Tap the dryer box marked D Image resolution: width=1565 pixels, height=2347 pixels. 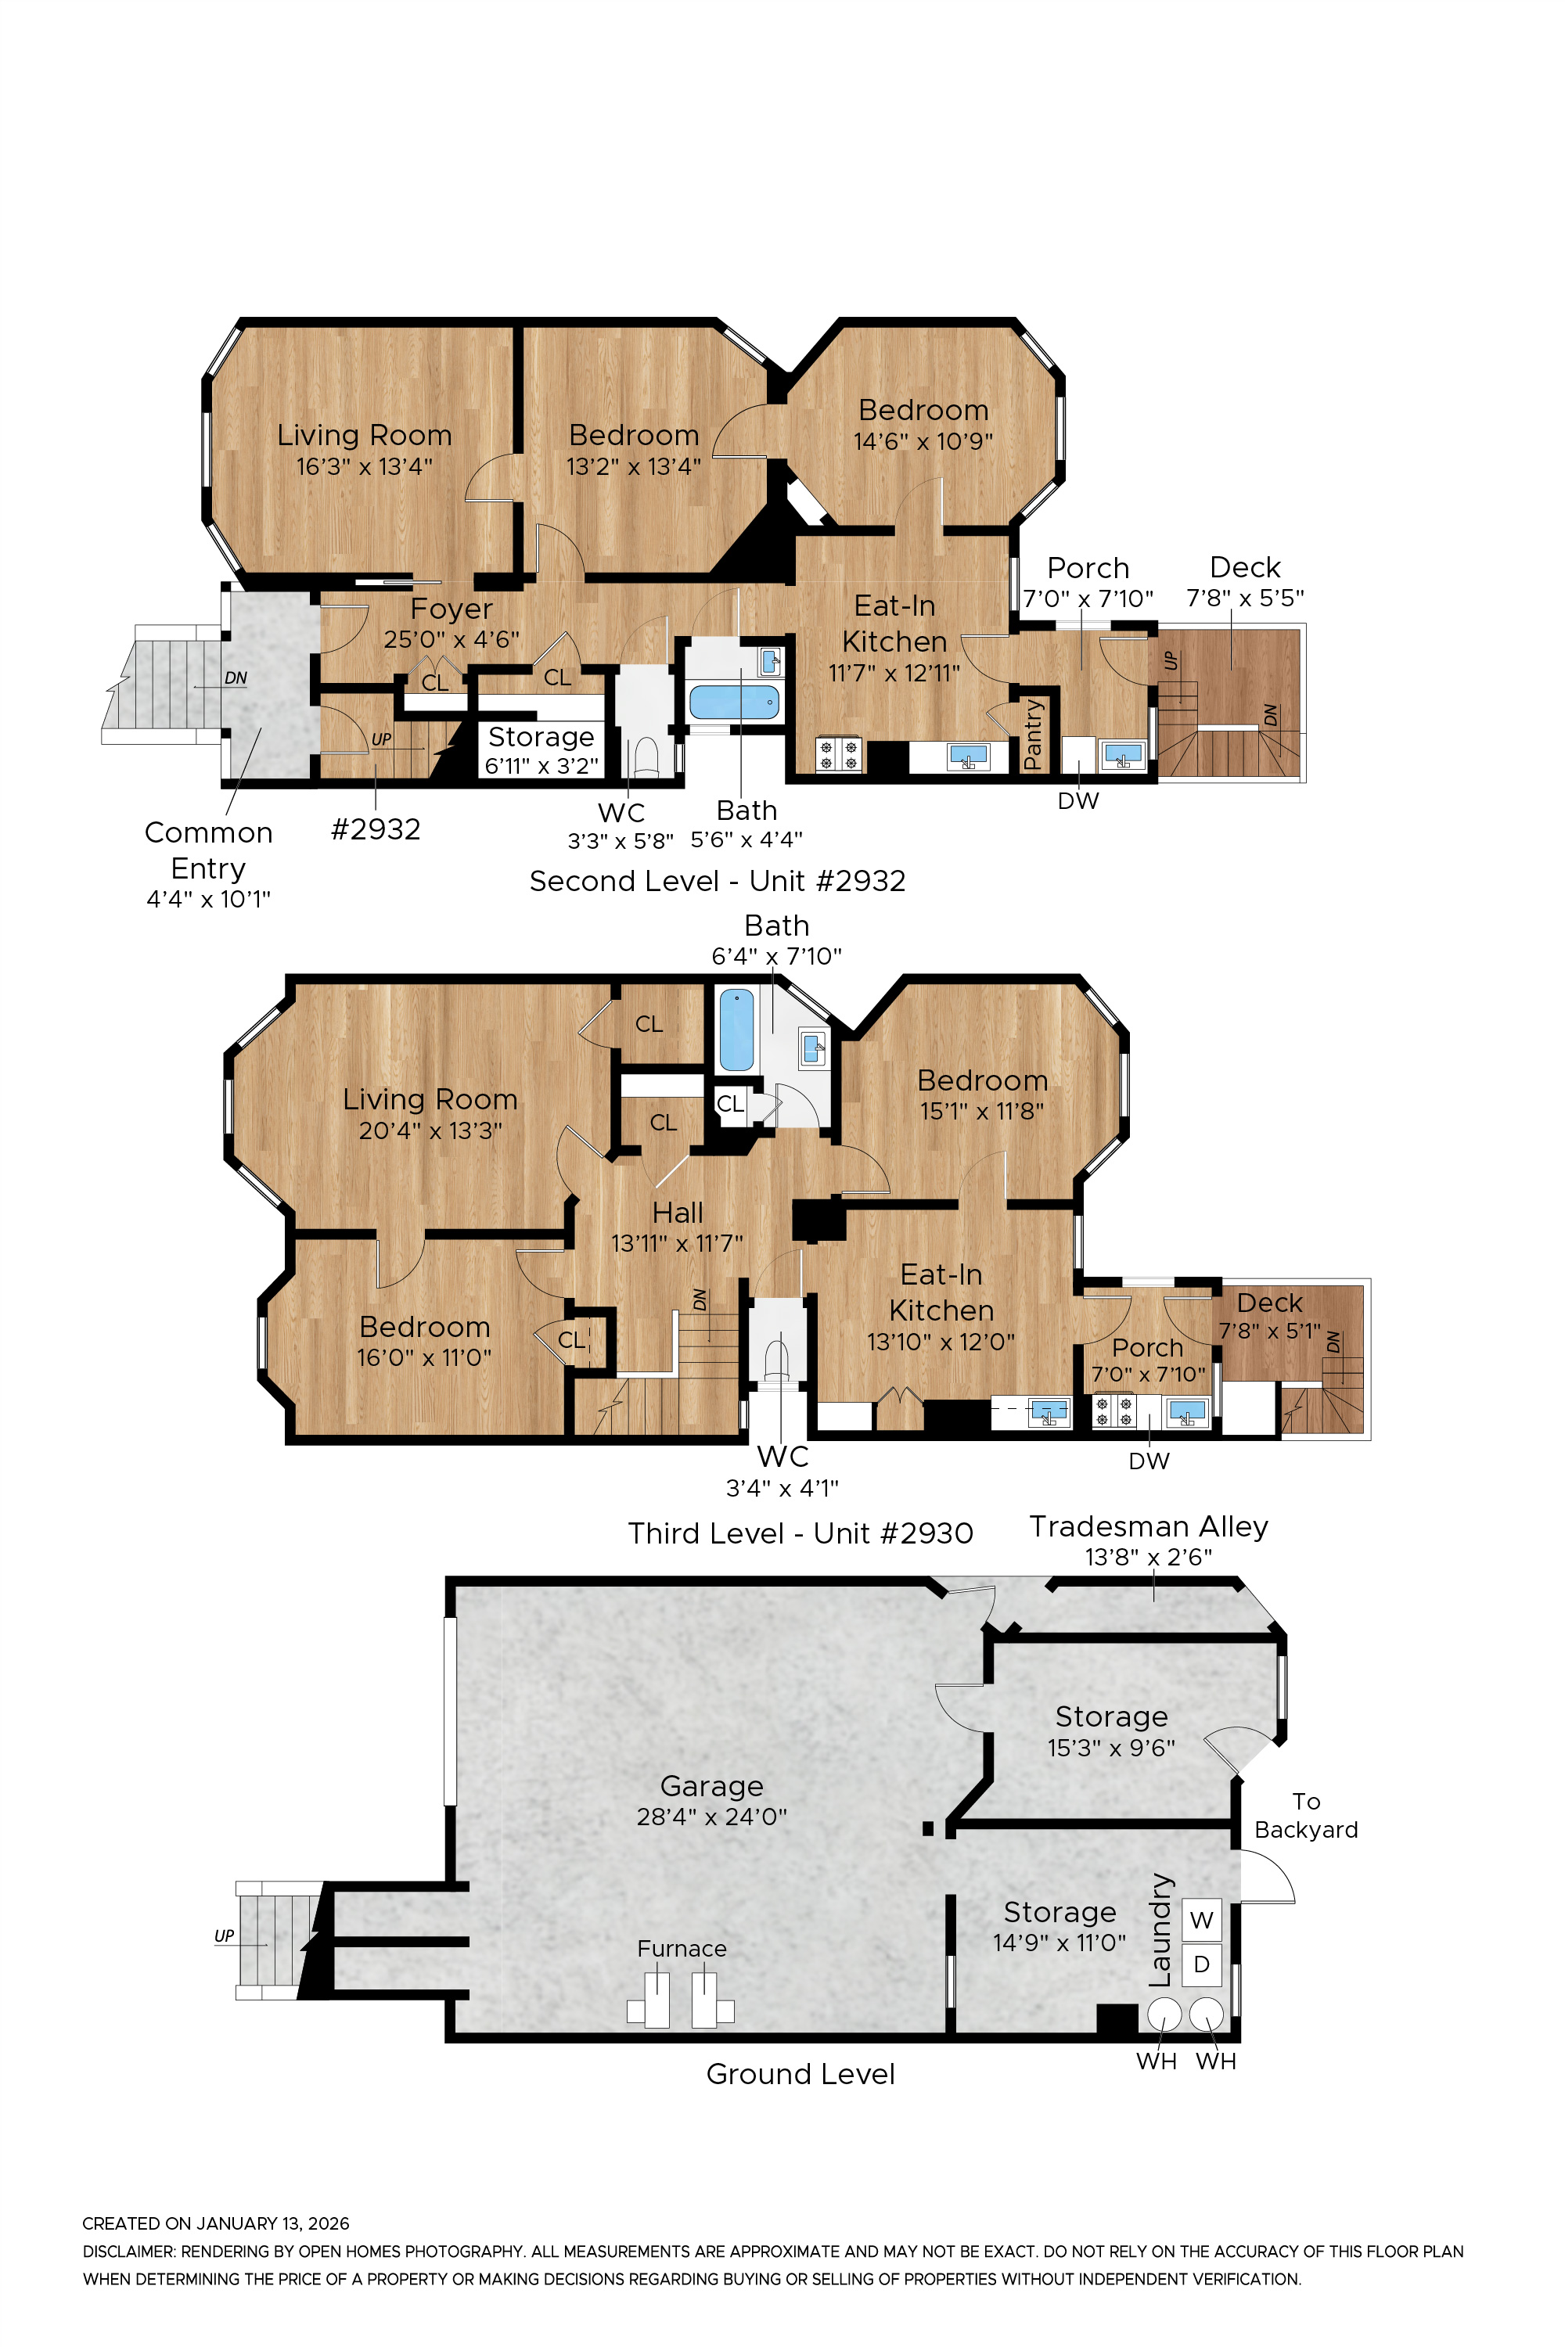click(1202, 1964)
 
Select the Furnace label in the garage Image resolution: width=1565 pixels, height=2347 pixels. click(682, 1948)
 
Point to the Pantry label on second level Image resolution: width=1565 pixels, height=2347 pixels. click(1034, 735)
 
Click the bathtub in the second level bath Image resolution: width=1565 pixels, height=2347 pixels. click(735, 702)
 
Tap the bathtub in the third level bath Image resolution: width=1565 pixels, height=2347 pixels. click(736, 1029)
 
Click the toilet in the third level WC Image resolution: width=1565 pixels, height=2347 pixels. click(776, 1358)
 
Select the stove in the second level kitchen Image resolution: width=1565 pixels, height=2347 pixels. click(838, 753)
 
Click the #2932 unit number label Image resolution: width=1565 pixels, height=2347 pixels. click(376, 829)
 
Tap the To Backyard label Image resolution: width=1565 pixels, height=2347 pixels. click(1305, 1815)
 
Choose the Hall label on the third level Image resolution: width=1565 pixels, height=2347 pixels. click(678, 1213)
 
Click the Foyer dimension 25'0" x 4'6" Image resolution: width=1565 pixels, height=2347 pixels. click(452, 640)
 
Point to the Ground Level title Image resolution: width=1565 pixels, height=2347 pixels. click(800, 2074)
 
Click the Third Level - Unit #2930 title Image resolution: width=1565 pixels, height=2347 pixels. click(800, 1533)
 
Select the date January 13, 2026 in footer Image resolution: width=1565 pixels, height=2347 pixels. click(272, 2223)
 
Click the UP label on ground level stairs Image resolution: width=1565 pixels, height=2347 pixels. click(224, 1935)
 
